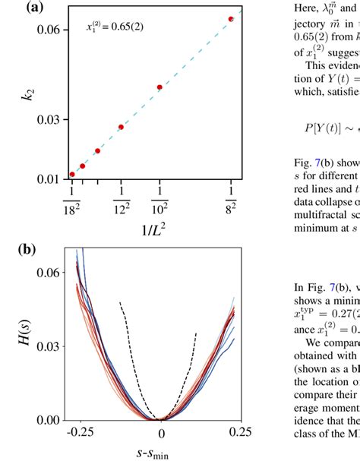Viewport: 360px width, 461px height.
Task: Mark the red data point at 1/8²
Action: [231, 18]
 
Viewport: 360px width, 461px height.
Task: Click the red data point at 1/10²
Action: [159, 87]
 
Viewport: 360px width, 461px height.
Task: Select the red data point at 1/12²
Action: [121, 127]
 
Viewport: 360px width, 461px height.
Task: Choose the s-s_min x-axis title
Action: [160, 453]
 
